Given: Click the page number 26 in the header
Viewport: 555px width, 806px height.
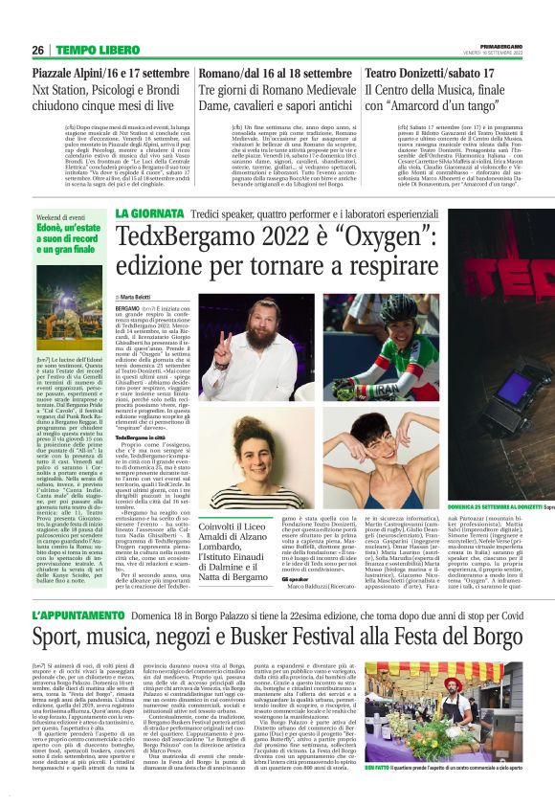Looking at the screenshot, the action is coord(39,51).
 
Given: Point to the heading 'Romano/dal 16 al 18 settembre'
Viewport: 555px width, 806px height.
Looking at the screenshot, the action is coord(275,73).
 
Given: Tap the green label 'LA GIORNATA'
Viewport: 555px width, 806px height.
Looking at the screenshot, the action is coord(144,213).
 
